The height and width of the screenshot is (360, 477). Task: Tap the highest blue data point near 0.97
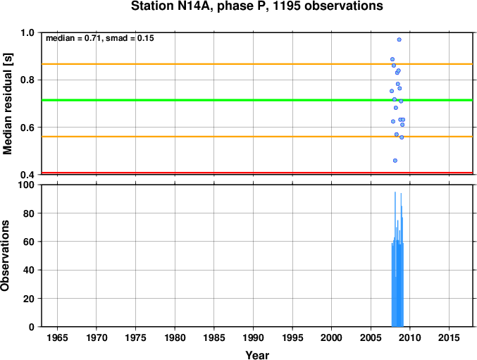coord(399,39)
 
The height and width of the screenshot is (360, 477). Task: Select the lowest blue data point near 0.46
coord(395,161)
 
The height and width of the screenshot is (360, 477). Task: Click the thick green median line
coord(257,100)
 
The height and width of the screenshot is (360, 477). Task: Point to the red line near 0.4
coord(257,173)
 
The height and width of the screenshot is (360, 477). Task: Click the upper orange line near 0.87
coord(257,64)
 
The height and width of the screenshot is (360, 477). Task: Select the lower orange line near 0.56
coord(257,137)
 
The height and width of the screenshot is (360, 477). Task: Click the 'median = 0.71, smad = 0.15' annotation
coord(100,38)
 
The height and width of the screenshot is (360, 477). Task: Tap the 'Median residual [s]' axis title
coord(7,104)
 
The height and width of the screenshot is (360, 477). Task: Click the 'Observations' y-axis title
coord(5,256)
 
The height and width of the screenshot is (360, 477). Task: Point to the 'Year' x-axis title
coord(257,355)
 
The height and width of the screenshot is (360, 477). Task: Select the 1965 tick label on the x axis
coord(57,337)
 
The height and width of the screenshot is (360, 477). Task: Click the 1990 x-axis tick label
coord(253,337)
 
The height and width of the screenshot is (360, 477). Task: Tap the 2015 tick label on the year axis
coord(449,337)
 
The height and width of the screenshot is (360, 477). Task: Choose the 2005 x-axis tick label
coord(371,337)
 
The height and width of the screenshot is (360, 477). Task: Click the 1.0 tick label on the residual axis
coord(27,32)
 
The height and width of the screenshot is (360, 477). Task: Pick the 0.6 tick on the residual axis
coord(27,128)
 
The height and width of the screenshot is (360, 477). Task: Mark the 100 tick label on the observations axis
coord(26,185)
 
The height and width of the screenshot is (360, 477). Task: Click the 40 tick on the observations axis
coord(29,270)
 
